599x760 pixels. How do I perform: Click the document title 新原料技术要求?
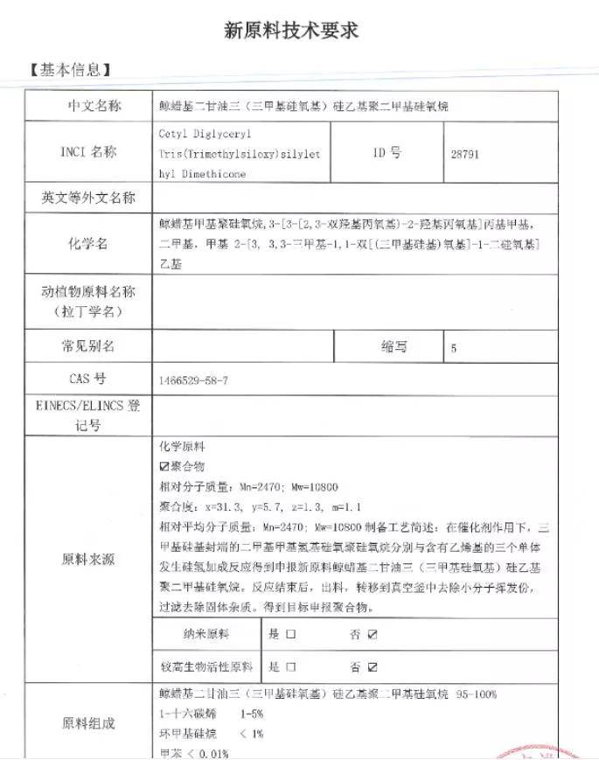292,31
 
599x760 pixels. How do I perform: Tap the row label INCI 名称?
87,152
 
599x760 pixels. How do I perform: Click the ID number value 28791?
465,153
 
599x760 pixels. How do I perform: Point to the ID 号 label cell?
387,152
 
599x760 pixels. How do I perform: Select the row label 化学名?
88,243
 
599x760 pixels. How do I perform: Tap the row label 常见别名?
88,346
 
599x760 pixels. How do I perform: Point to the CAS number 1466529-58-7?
194,380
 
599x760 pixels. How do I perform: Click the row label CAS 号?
87,380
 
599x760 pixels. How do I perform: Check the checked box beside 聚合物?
164,467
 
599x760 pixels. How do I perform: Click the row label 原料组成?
88,722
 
